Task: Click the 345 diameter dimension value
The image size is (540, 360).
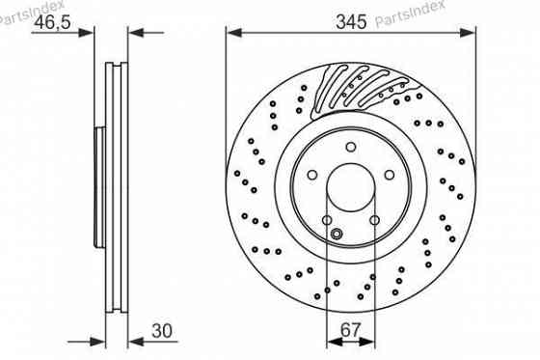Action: click(352, 22)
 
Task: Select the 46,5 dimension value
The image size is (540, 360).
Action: click(53, 22)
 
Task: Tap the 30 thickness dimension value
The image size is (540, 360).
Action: click(165, 331)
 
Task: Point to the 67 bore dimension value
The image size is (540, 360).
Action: click(352, 331)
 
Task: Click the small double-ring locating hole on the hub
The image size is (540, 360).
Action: click(337, 233)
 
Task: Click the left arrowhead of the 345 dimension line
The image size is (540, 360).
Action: click(232, 32)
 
